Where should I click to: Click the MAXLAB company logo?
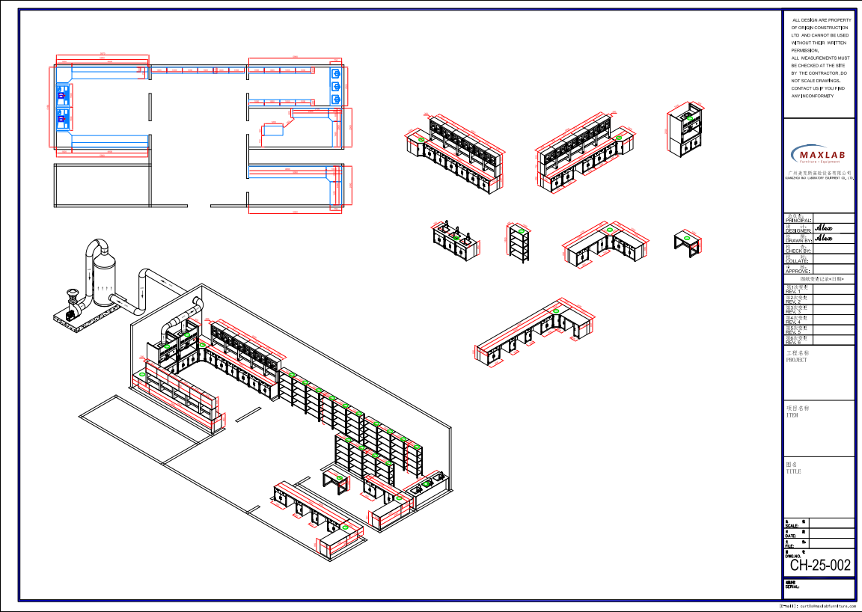coord(819,154)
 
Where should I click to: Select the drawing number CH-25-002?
coord(820,566)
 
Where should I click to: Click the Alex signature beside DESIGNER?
coord(824,227)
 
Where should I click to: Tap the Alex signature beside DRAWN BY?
coord(824,238)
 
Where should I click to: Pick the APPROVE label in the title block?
coord(798,271)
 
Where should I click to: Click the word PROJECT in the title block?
coord(796,360)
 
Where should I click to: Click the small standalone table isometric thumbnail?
coord(687,242)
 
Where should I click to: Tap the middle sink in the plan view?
coord(336,87)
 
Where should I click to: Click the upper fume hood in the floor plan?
coord(63,95)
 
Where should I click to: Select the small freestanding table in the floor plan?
coord(273,130)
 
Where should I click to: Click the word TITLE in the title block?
coord(793,471)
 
